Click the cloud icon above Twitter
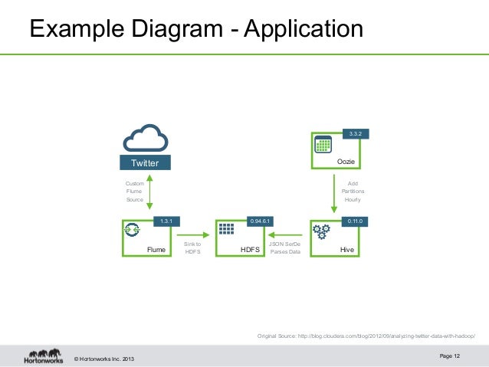[x=145, y=139]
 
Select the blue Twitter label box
[x=145, y=163]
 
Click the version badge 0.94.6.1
[x=261, y=221]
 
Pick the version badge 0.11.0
[x=354, y=221]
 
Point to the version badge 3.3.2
[x=355, y=134]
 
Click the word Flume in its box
[x=156, y=250]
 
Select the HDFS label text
[x=250, y=250]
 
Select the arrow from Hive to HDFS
[x=285, y=236]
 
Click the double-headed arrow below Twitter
[x=149, y=190]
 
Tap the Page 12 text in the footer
[x=451, y=356]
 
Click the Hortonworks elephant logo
[x=43, y=356]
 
